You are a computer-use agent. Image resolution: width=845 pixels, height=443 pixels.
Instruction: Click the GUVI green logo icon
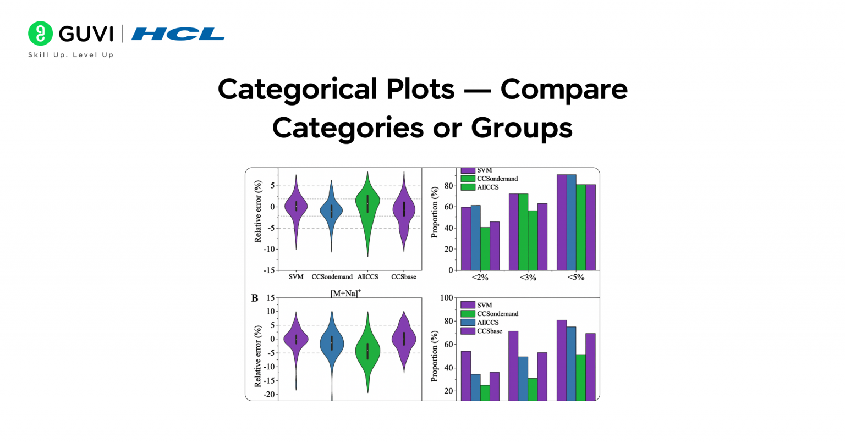click(40, 34)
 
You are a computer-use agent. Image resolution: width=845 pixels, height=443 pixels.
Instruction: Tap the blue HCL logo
click(178, 34)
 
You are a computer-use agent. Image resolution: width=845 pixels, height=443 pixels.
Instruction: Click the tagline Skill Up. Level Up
click(71, 55)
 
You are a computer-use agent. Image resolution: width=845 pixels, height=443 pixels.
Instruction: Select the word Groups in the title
click(522, 128)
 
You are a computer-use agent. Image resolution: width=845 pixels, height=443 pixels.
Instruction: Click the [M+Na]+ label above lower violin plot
click(345, 294)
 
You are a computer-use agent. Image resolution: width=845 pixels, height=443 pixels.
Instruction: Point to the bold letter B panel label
click(255, 298)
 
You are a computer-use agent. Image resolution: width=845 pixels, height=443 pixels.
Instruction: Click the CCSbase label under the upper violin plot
click(403, 277)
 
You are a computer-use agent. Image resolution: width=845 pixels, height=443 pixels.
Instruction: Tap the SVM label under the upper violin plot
click(296, 277)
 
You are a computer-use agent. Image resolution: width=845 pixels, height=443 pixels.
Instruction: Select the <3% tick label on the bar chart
click(528, 278)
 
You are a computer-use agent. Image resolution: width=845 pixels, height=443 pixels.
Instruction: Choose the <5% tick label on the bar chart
click(575, 278)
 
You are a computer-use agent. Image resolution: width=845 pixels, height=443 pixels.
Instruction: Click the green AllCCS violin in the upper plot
click(367, 209)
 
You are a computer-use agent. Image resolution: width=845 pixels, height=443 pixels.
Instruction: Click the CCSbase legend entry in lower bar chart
click(489, 331)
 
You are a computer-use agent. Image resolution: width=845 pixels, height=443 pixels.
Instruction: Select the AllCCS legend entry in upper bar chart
click(487, 187)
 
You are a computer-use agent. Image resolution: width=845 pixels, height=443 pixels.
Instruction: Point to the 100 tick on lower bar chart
click(447, 298)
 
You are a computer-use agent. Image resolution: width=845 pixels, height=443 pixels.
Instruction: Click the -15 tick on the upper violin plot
click(269, 270)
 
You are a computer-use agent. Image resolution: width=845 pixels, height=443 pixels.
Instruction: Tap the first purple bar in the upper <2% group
click(466, 239)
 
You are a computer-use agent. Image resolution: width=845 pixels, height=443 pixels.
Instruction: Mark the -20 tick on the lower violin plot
click(268, 395)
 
